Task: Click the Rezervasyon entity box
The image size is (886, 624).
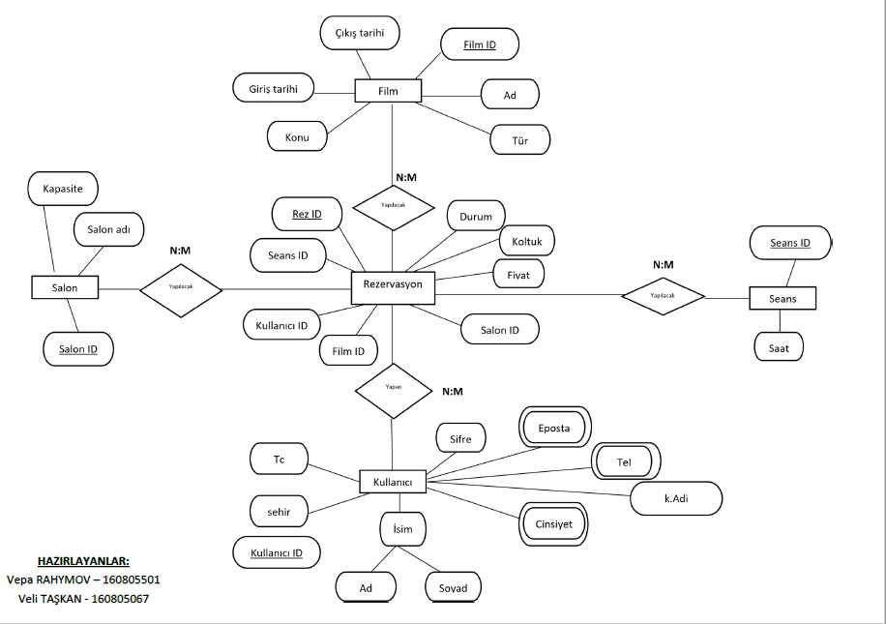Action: tap(393, 285)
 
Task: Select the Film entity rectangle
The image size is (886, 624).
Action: tap(388, 91)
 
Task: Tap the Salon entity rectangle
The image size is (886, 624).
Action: tap(65, 287)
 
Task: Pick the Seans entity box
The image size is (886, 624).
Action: tap(783, 298)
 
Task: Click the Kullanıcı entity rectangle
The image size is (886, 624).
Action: tap(393, 481)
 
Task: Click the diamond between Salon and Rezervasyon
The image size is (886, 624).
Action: tap(181, 288)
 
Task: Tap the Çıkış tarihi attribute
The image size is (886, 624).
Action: tap(360, 34)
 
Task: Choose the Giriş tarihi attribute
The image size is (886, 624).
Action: tap(274, 88)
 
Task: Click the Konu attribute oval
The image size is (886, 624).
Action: tap(297, 137)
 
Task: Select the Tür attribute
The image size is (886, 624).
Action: tap(519, 140)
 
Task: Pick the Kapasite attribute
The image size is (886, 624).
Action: tap(63, 187)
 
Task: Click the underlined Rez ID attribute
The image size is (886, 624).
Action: tap(307, 214)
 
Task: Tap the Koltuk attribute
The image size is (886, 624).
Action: tap(526, 240)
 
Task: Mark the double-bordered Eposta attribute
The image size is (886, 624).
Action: tap(555, 427)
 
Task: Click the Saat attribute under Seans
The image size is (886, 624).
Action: tap(779, 346)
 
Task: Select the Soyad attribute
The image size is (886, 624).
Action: tap(453, 587)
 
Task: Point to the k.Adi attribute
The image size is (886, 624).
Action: tap(676, 499)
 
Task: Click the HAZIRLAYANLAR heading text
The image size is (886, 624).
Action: tap(83, 561)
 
